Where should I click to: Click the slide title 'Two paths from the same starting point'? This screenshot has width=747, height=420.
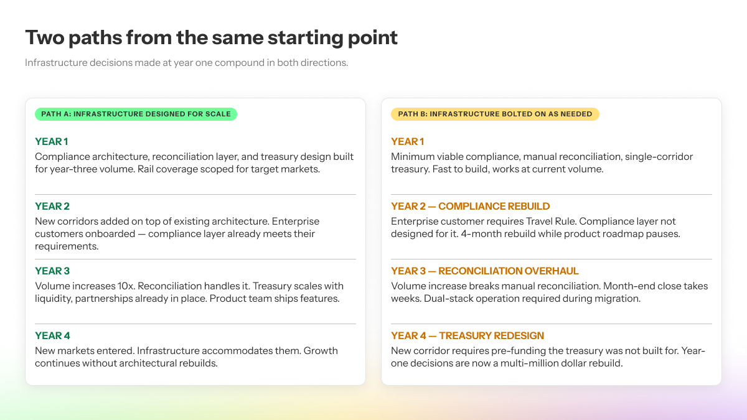tap(211, 38)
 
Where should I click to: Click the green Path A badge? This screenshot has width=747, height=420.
tap(136, 114)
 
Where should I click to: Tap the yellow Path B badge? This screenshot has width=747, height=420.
tap(495, 114)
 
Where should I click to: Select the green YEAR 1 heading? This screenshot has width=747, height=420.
tap(51, 142)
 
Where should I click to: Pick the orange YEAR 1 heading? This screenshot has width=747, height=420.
tap(407, 142)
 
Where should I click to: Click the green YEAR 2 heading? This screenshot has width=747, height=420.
tap(52, 207)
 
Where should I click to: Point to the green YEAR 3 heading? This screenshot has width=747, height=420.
tap(52, 271)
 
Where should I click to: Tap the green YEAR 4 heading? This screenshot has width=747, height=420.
tap(52, 335)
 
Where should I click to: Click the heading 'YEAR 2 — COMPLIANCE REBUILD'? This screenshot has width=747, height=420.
tap(470, 207)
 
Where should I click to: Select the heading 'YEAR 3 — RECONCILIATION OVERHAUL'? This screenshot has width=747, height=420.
tap(484, 271)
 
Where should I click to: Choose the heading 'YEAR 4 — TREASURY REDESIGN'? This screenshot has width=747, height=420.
tap(467, 335)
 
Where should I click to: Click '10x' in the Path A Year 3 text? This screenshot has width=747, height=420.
tap(126, 286)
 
